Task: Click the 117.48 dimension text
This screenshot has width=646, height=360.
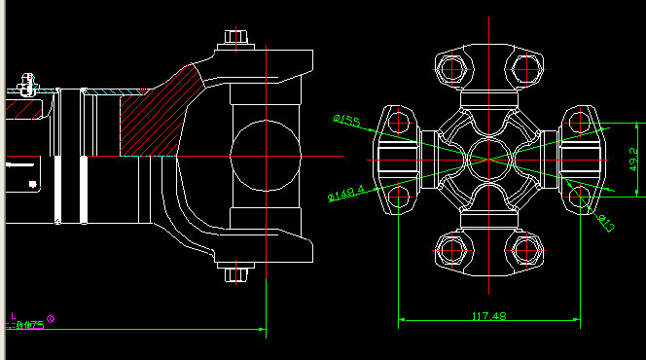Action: (489, 316)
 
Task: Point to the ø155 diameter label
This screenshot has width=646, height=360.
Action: (346, 121)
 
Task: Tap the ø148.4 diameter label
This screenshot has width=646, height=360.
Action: (346, 194)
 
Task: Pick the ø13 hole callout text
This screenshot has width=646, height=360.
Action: (604, 223)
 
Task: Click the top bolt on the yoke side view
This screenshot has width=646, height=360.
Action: (233, 38)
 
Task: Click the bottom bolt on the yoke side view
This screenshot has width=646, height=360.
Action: (233, 273)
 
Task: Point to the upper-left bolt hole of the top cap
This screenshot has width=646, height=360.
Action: (452, 68)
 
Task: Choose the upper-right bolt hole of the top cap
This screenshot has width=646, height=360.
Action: (525, 68)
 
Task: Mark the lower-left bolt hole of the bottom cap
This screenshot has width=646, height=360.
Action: (452, 250)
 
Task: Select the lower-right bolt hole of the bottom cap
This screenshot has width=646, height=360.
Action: (525, 250)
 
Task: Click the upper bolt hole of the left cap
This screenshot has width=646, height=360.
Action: (398, 122)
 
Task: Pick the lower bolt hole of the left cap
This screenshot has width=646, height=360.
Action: (398, 194)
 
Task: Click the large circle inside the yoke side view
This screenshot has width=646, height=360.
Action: (266, 156)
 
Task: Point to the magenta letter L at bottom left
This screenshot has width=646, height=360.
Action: (13, 316)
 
